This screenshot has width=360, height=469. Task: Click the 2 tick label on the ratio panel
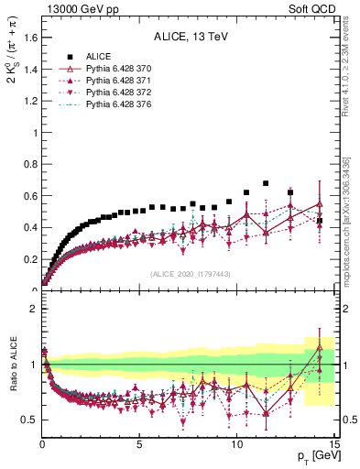(33, 309)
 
